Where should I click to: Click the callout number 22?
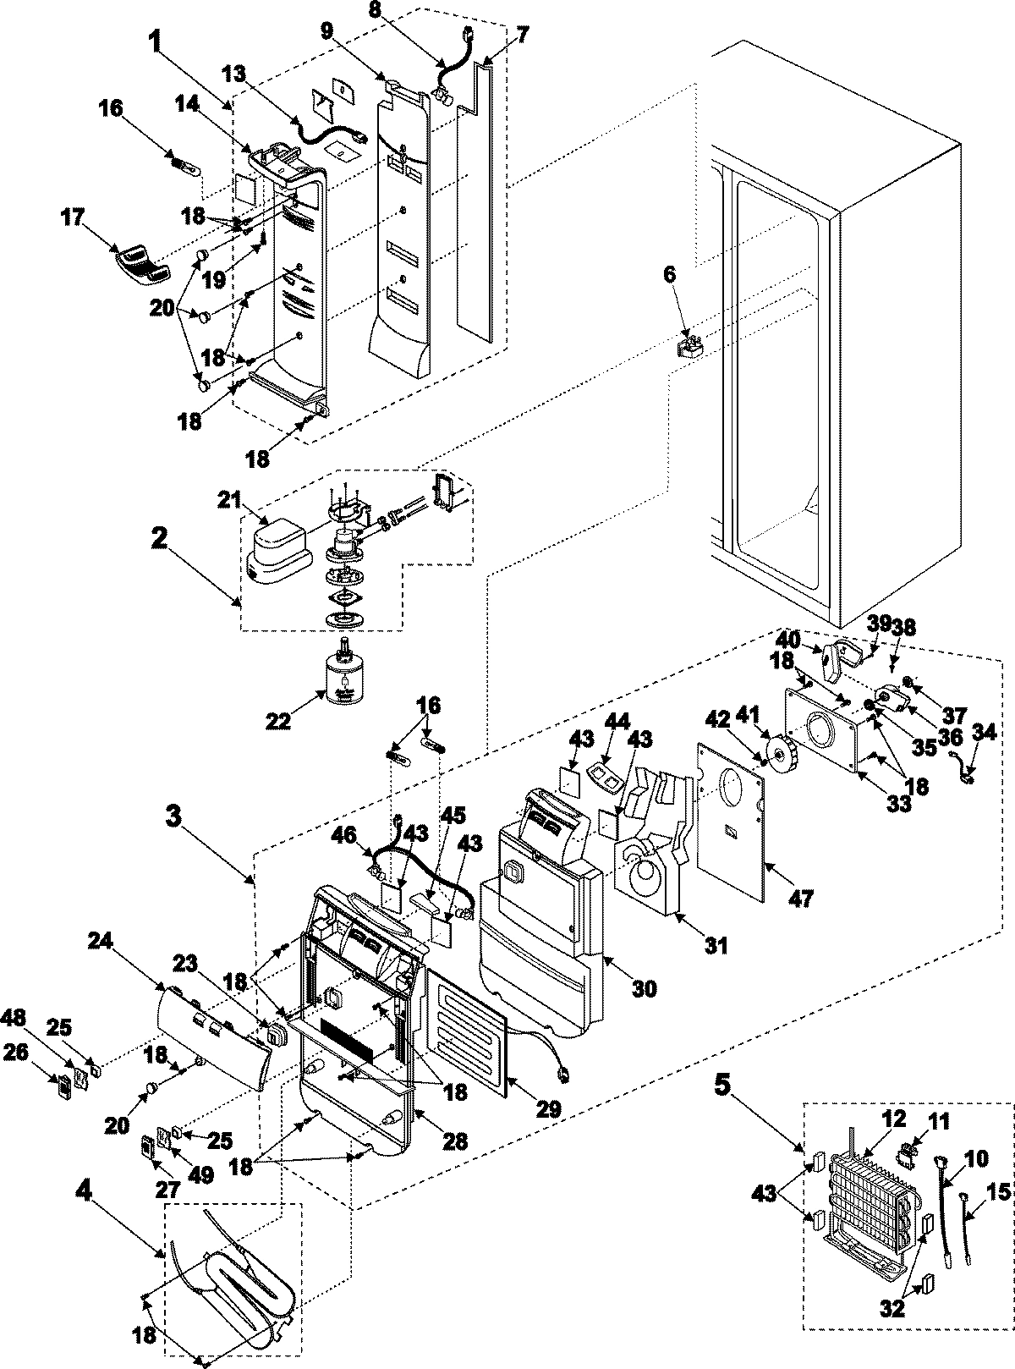point(278,721)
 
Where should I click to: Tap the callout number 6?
point(669,275)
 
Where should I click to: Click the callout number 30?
point(645,987)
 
